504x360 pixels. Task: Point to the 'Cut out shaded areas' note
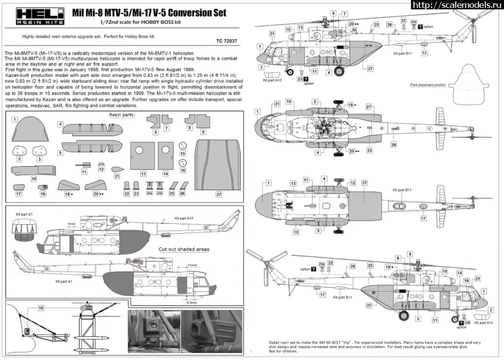point(184,249)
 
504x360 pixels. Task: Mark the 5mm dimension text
point(72,224)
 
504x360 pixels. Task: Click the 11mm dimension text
point(192,265)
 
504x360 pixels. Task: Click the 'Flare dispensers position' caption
point(427,85)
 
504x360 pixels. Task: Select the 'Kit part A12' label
point(272,79)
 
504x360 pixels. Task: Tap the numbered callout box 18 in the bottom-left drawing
point(41,307)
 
